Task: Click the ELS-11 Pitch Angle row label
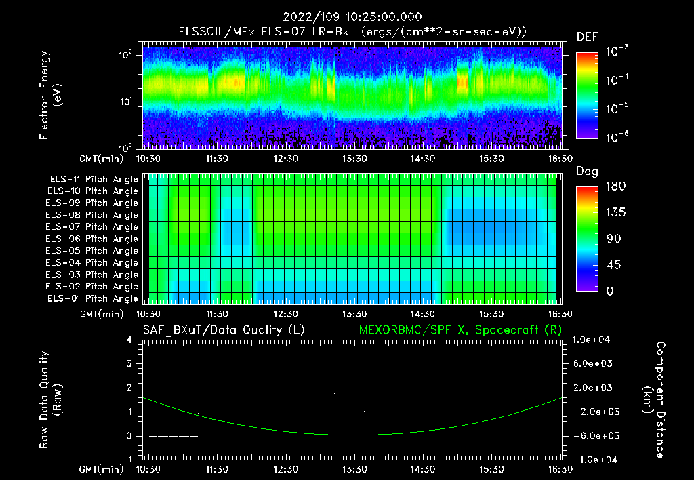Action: (x=94, y=179)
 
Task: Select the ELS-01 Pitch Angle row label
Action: (x=94, y=298)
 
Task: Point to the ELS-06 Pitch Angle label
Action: (x=94, y=239)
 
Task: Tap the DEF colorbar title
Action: (x=586, y=37)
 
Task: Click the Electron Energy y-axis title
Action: (x=51, y=95)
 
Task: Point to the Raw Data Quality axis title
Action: (x=51, y=400)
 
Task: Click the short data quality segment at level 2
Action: (x=350, y=388)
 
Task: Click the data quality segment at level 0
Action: (x=173, y=436)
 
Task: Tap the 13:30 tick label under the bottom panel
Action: (x=354, y=468)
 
